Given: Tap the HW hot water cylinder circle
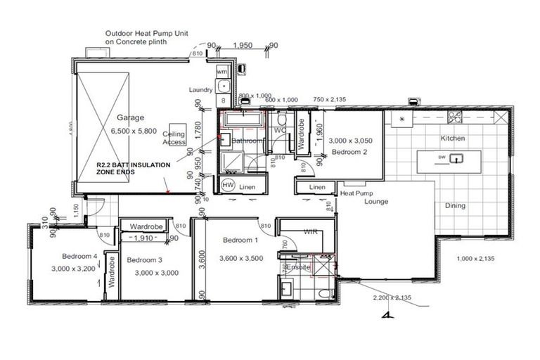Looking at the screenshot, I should pos(228,185).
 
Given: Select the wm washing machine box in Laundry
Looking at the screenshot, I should pos(222,72).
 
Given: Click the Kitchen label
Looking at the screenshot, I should pos(453,139).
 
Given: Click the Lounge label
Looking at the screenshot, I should pos(376,202).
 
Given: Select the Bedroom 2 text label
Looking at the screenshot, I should pos(349,152).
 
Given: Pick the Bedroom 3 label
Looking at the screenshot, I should pos(145,260).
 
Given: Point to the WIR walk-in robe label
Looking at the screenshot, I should pos(311,231).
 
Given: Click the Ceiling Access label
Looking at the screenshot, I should pos(174,138).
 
